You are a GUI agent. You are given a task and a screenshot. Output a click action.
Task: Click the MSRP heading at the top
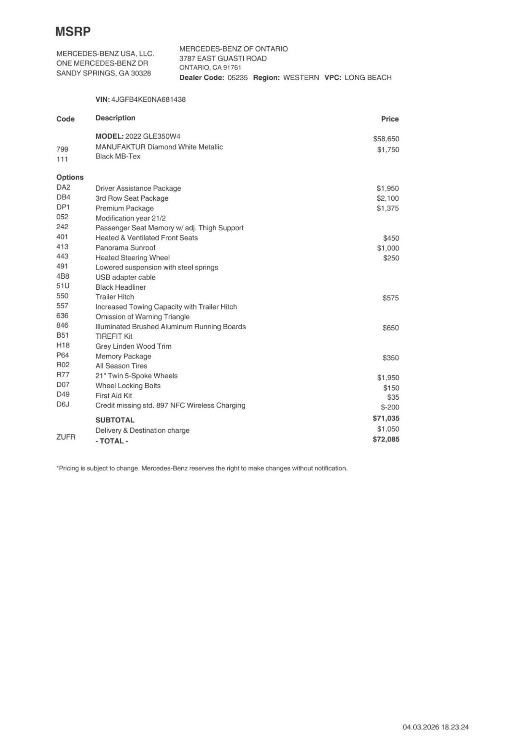(x=73, y=32)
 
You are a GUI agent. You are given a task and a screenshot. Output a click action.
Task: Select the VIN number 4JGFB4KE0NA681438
(x=148, y=100)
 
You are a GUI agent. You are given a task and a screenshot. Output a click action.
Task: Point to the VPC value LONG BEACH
(x=368, y=78)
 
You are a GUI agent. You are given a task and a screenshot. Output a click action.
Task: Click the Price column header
(x=390, y=119)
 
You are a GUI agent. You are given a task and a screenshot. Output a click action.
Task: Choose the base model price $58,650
(x=386, y=139)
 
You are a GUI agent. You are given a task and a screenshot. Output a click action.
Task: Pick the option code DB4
(x=63, y=197)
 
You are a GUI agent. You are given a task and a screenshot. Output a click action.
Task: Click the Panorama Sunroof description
(x=125, y=248)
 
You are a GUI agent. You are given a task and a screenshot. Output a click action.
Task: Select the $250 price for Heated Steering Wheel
(x=391, y=258)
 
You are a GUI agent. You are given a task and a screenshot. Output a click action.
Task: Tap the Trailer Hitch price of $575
(x=391, y=298)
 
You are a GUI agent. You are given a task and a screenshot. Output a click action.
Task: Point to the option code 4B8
(x=63, y=276)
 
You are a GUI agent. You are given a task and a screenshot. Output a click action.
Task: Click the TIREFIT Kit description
(x=114, y=336)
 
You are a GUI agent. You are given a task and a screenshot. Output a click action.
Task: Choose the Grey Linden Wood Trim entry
(x=133, y=346)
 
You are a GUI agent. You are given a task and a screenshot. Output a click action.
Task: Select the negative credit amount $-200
(x=390, y=407)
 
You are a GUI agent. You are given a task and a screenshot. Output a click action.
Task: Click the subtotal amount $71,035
(x=386, y=418)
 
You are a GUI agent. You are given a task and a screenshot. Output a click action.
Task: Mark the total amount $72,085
(x=386, y=439)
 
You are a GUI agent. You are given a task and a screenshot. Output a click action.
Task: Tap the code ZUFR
(x=66, y=437)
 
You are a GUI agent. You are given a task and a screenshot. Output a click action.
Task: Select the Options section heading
(x=70, y=177)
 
